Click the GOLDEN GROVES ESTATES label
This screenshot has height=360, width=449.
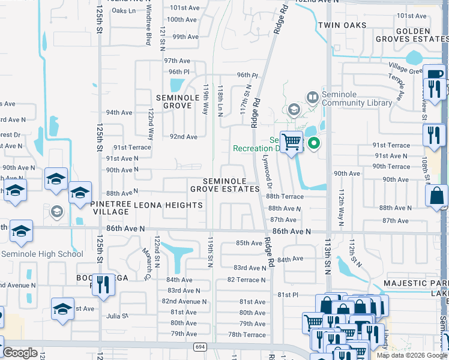coord(411,35)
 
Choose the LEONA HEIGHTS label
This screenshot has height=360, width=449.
coord(168,205)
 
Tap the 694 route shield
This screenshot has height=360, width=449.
coord(200,347)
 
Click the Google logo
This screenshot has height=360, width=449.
coord(20,353)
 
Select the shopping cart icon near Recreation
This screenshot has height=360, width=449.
coord(291,142)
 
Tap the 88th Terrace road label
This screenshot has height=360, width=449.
coord(285,196)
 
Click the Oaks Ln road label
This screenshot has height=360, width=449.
coord(124,11)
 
